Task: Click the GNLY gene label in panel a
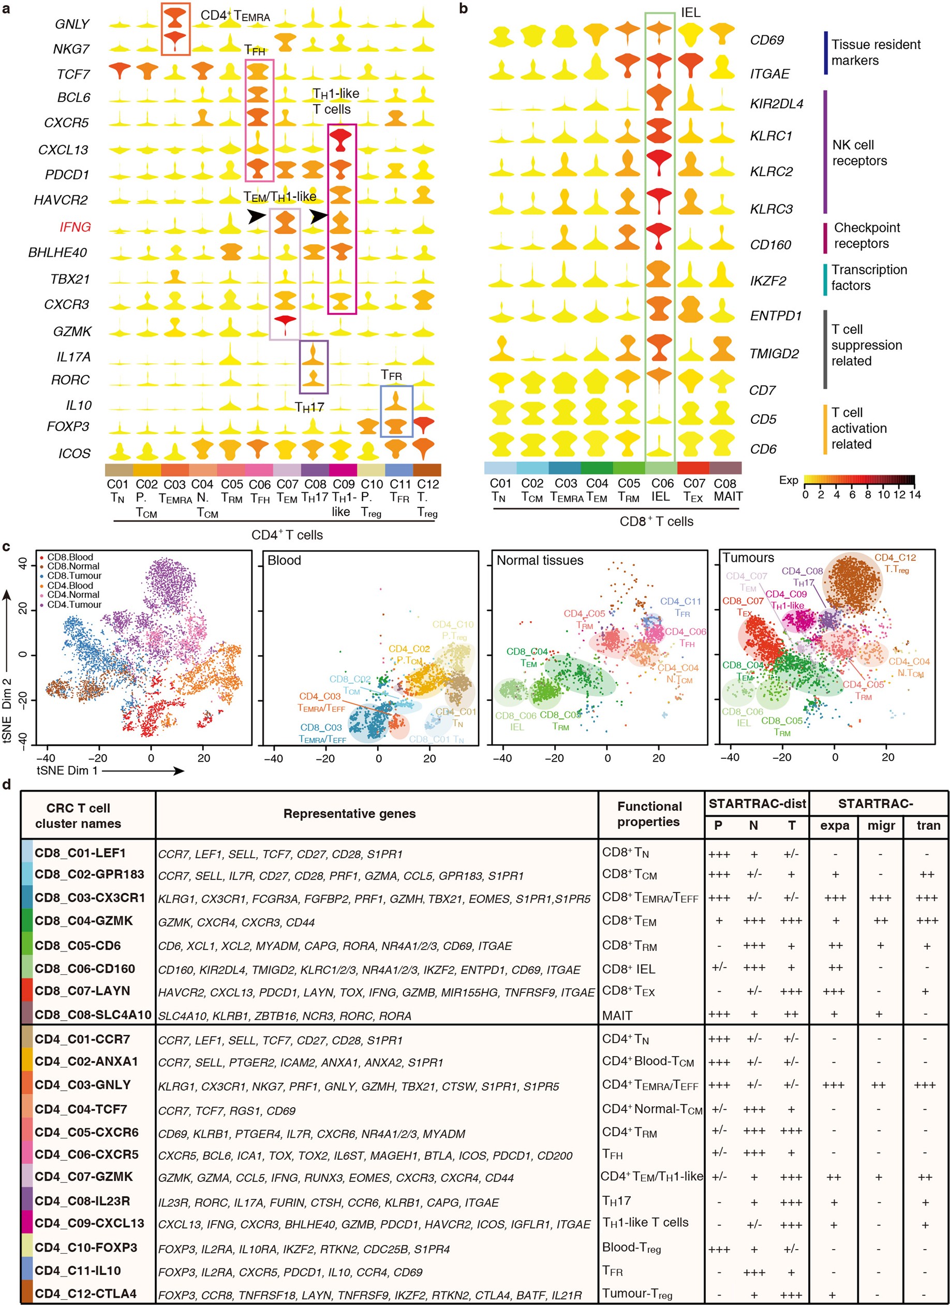click(x=72, y=24)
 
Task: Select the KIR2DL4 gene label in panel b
click(x=776, y=104)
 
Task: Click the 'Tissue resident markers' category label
click(x=875, y=52)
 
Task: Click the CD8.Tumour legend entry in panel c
click(x=73, y=576)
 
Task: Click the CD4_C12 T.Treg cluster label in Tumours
click(x=895, y=563)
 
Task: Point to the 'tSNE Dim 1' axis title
click(x=67, y=770)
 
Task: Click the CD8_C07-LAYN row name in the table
click(x=82, y=991)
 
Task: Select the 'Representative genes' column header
click(x=349, y=814)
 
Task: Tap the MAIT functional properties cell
click(x=617, y=1016)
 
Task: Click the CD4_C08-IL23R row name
click(x=82, y=1201)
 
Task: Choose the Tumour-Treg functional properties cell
click(x=636, y=1294)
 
